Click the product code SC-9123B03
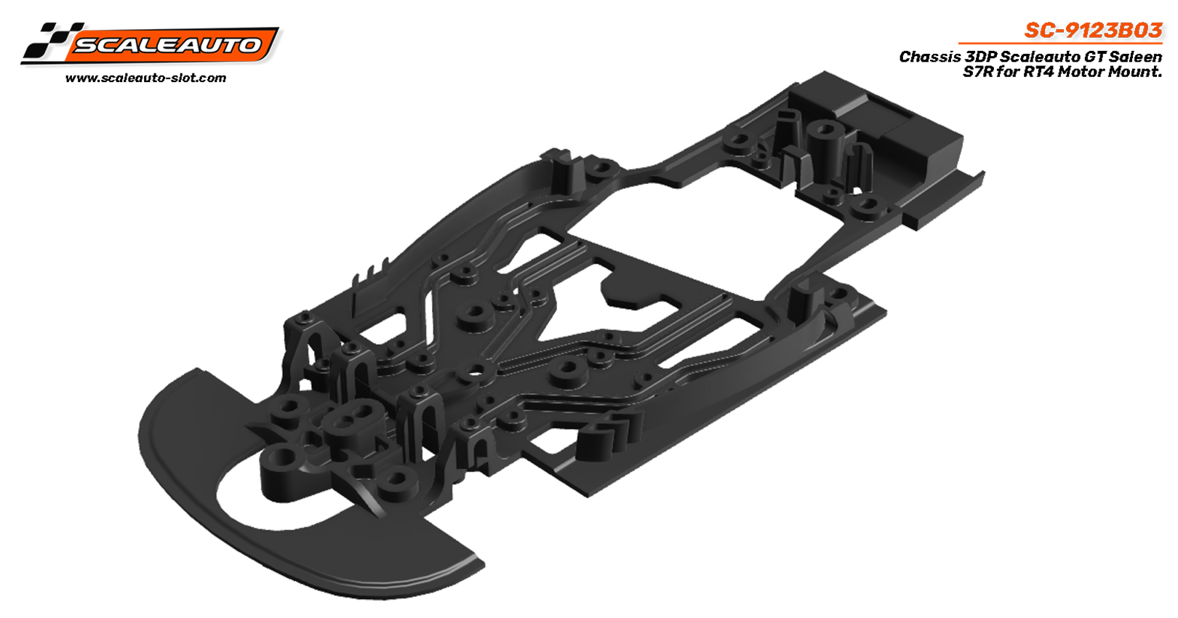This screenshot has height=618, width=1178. click(1093, 31)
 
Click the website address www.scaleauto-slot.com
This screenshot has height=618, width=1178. click(145, 78)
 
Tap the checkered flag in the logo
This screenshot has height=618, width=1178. click(48, 41)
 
